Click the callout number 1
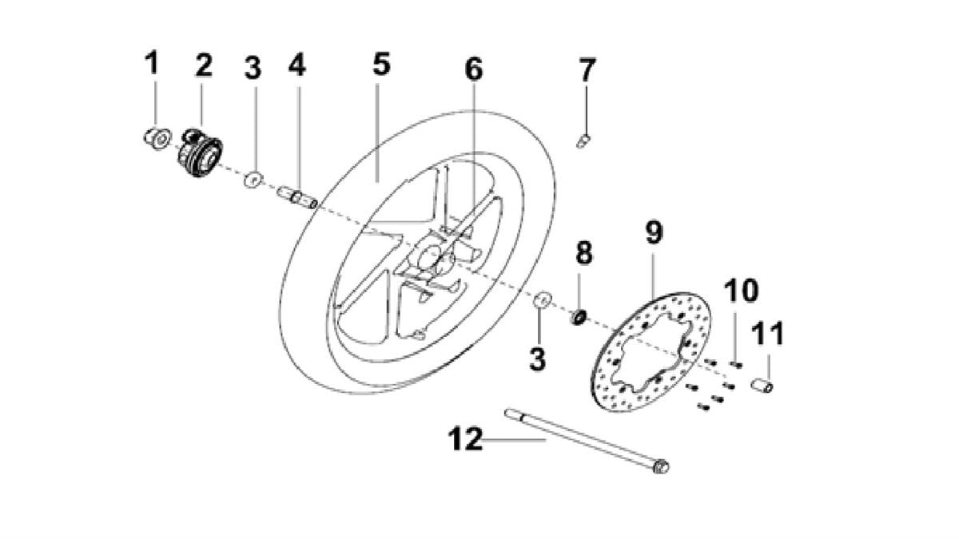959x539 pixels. (x=152, y=63)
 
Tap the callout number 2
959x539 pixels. (x=204, y=65)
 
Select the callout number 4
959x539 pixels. (x=297, y=65)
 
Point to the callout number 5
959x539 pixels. (x=381, y=64)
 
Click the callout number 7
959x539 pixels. (x=587, y=69)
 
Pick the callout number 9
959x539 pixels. (x=655, y=232)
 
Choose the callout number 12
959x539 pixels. (x=465, y=439)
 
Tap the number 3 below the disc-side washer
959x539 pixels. (x=538, y=359)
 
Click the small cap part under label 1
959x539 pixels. (x=157, y=138)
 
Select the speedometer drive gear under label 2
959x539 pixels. (x=201, y=153)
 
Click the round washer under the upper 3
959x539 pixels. (x=253, y=180)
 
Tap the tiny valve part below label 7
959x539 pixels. (x=583, y=141)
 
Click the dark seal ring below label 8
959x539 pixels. (x=579, y=318)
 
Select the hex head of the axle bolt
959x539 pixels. (x=661, y=466)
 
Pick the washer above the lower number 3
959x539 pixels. (x=543, y=299)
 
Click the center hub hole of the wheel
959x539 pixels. (x=428, y=257)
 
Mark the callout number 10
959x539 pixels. (x=741, y=291)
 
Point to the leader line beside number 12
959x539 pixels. (x=514, y=439)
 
